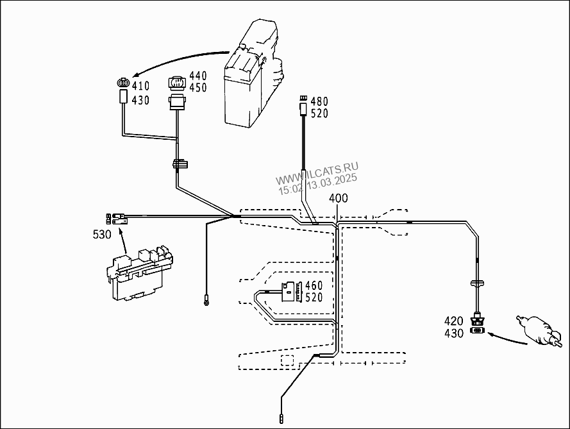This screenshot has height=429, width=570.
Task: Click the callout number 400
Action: pos(339,198)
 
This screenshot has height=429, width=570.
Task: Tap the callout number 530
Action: pos(102,235)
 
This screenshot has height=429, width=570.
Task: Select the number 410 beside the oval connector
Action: pos(140,86)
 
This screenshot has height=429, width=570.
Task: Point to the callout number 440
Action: pos(198,76)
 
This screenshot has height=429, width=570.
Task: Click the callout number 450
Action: pos(198,88)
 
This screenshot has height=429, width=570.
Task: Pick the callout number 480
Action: pos(319,101)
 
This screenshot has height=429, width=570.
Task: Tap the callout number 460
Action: pos(314,285)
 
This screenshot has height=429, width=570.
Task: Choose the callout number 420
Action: pos(454,321)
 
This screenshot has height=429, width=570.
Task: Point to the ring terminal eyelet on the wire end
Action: pos(206,301)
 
